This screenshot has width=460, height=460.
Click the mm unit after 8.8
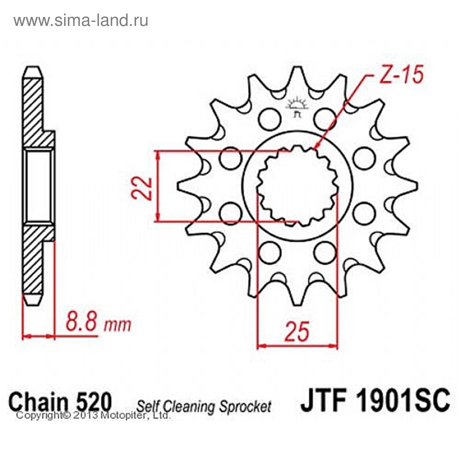pyautogui.click(x=117, y=324)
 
